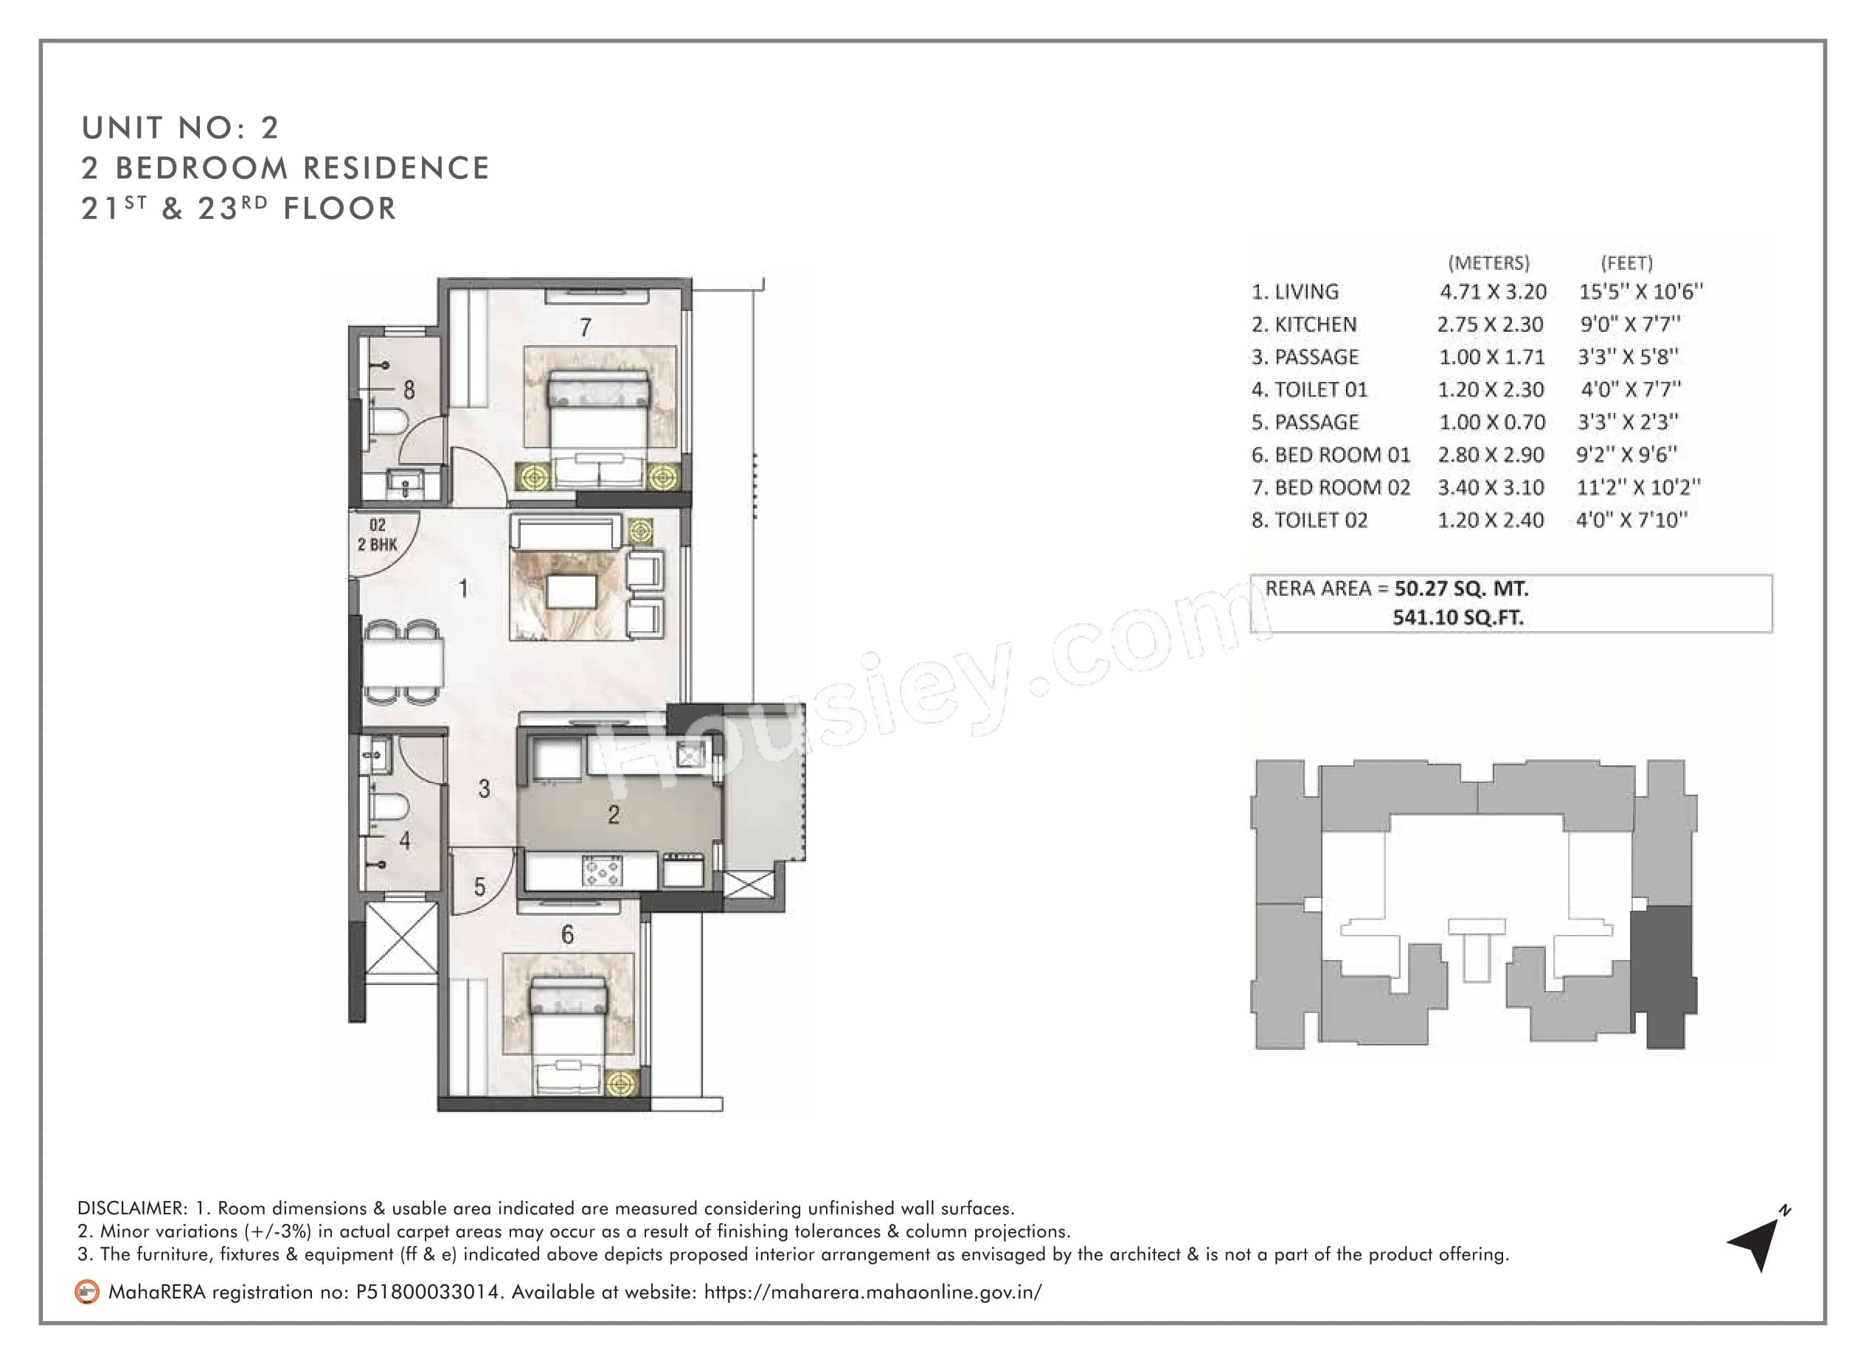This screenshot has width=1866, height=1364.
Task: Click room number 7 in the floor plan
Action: coord(585,328)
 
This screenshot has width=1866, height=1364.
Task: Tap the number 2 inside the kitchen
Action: coord(613,815)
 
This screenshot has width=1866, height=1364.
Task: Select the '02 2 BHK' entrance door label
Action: coord(378,535)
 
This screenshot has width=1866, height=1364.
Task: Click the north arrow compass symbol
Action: coord(1755,1241)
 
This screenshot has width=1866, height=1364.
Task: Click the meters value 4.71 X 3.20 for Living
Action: coord(1493,291)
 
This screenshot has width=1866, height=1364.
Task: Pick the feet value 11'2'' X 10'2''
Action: coord(1638,487)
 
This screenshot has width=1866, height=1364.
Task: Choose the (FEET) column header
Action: coord(1626,262)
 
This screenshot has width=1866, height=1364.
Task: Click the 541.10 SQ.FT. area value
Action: coord(1458,618)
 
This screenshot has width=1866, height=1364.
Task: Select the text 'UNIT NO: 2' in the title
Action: coord(180,128)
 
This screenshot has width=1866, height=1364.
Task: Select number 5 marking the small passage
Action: coord(480,888)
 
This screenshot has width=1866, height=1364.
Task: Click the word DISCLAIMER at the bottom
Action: coord(132,1208)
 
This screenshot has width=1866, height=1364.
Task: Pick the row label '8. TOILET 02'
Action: coord(1309,521)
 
